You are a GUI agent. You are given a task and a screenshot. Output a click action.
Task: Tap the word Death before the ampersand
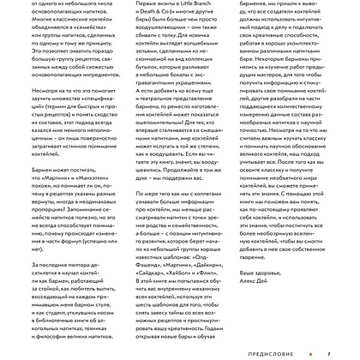[x=148, y=15]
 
